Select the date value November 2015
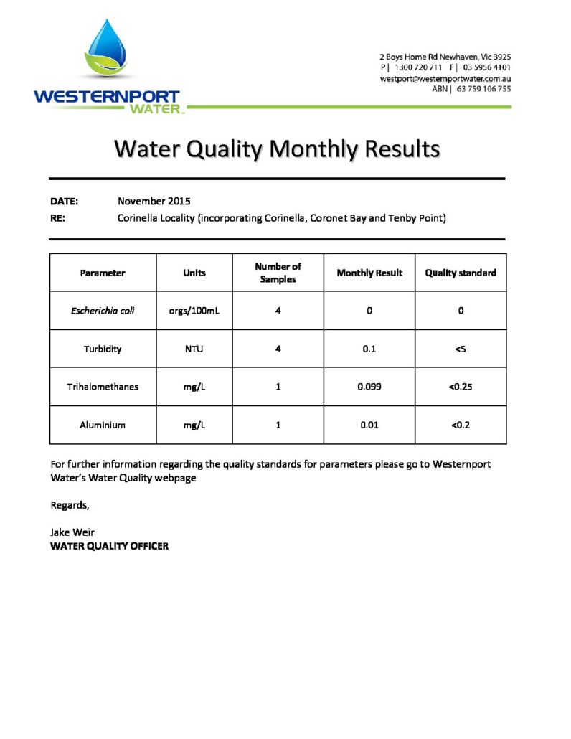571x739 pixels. coord(154,201)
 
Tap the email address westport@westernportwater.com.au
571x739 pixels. coord(445,78)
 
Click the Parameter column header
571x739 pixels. coord(103,273)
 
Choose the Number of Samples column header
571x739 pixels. coord(278,273)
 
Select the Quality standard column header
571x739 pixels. coord(461,273)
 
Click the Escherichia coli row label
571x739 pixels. coord(103,311)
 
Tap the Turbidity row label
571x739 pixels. coord(103,349)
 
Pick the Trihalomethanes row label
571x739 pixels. coord(103,387)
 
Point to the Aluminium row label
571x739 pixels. coord(103,425)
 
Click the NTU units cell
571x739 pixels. coord(194,349)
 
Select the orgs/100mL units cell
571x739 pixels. coord(194,311)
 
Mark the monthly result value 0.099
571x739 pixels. coord(369,387)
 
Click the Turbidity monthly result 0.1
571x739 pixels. coord(369,349)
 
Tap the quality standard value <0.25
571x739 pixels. coord(461,387)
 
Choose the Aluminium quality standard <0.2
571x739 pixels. coord(461,425)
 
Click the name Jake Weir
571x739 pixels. coord(72,532)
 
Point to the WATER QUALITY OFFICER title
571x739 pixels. coord(109,546)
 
